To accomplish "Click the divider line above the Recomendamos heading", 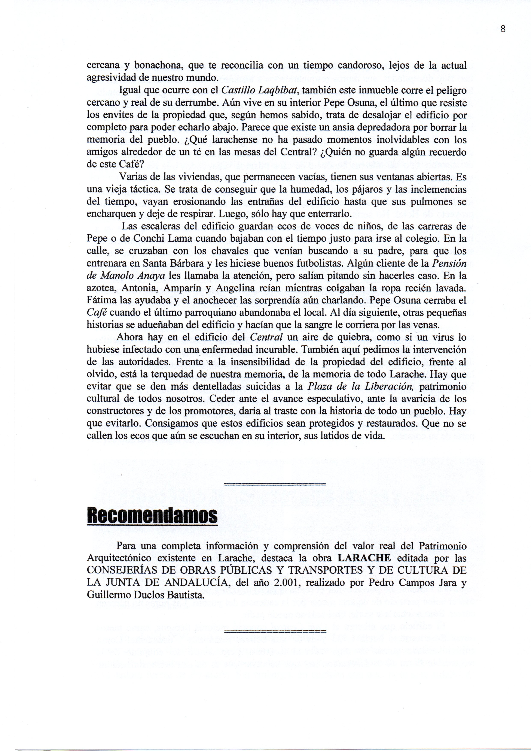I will tap(275, 484).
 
